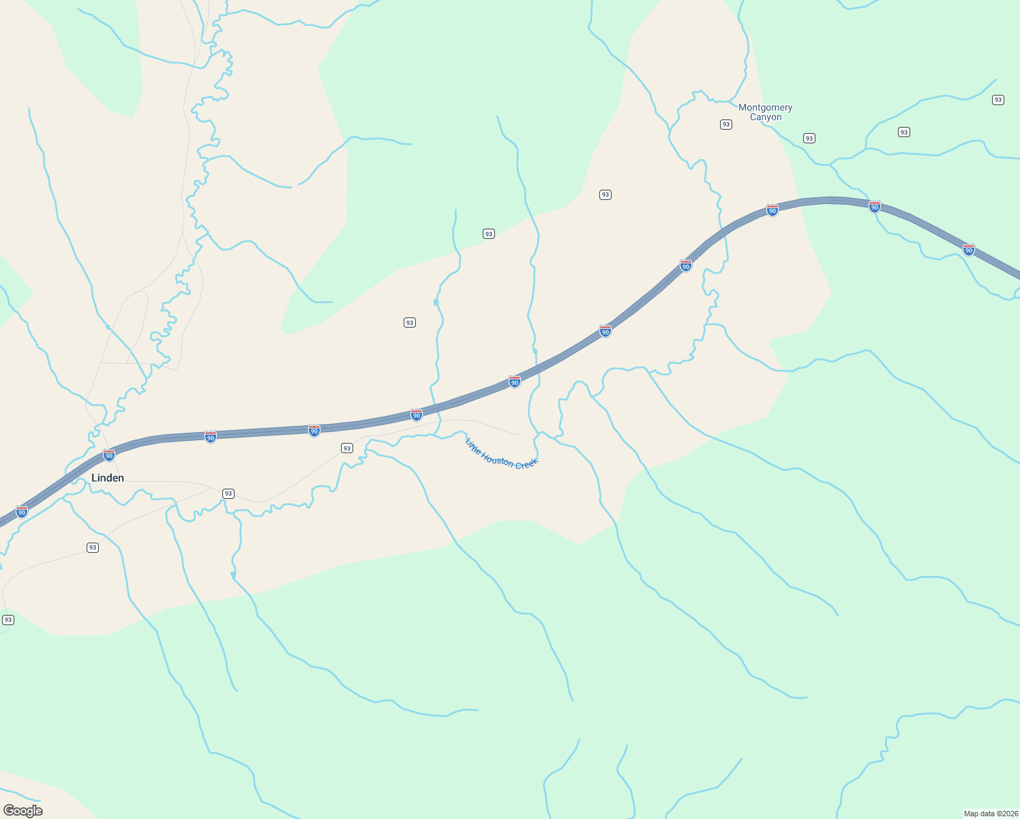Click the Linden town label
tap(108, 478)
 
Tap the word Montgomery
tap(765, 107)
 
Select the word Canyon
tap(766, 117)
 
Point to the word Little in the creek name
tap(472, 446)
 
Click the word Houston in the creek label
tap(498, 459)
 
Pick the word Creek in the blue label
tap(526, 464)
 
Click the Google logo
tap(23, 810)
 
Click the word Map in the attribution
tap(971, 814)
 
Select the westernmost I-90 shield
tap(22, 511)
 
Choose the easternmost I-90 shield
tap(969, 250)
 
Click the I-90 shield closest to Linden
tap(109, 455)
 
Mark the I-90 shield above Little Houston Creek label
tap(515, 382)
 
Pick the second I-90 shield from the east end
tap(875, 207)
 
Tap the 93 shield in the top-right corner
tap(998, 100)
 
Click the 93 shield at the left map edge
tap(8, 620)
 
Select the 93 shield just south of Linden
tap(93, 547)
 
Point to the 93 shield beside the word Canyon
tap(726, 124)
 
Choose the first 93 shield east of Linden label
tap(228, 493)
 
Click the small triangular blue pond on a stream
tap(233, 575)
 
